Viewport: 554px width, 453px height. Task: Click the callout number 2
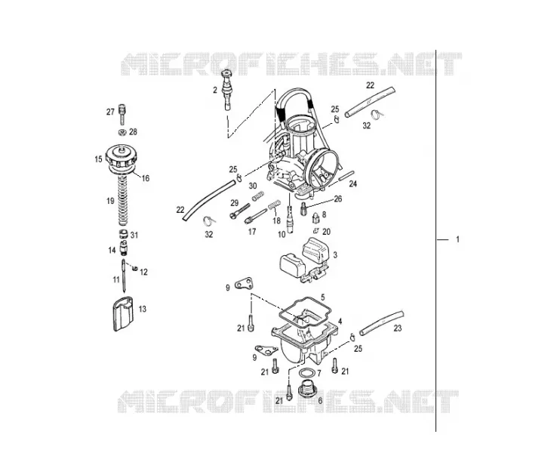[x=215, y=90]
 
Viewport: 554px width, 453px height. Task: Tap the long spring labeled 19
[x=122, y=201]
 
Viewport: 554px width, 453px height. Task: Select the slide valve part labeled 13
[x=123, y=314]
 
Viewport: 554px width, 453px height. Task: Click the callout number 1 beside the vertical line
[x=457, y=239]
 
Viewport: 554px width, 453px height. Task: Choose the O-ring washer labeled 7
[x=306, y=373]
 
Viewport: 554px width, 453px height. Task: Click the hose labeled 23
[x=382, y=323]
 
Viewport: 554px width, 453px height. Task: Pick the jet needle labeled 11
[x=124, y=276]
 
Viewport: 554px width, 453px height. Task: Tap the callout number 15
[x=98, y=159]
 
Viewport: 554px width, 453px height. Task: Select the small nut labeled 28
[x=122, y=132]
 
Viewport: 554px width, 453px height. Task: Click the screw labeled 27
[x=122, y=114]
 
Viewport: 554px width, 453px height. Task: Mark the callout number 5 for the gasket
[x=322, y=297]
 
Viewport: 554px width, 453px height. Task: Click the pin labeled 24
[x=346, y=176]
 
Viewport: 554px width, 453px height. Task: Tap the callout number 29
[x=235, y=203]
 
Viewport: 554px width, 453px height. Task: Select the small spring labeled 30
[x=258, y=196]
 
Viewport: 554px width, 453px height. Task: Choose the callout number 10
[x=282, y=234]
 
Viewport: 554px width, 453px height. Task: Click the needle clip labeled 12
[x=134, y=269]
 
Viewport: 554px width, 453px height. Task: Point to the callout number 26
[x=338, y=199]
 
